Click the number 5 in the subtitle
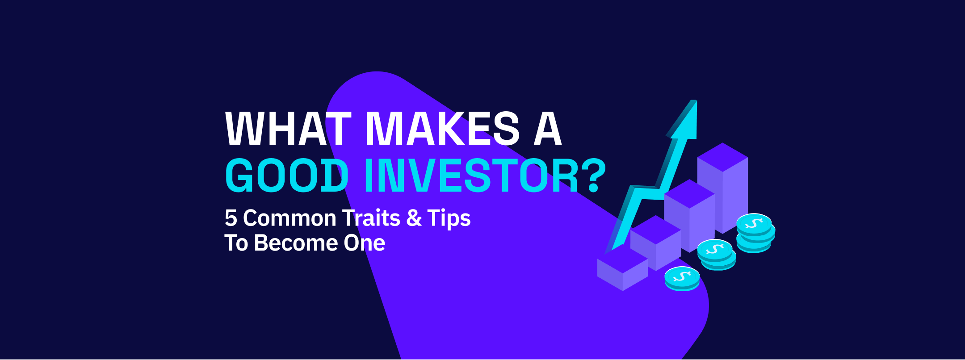click(231, 218)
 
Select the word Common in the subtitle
click(289, 218)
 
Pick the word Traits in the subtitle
click(371, 218)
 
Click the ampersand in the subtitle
click(414, 218)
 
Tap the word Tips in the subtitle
click(449, 218)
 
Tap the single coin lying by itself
click(682, 278)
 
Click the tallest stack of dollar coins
click(755, 232)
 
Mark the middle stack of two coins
click(717, 254)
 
